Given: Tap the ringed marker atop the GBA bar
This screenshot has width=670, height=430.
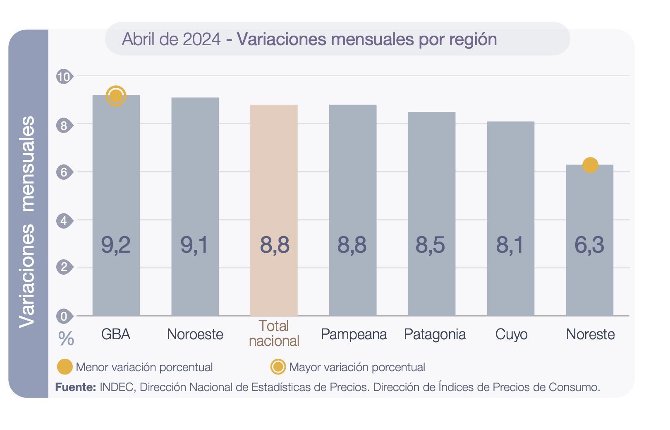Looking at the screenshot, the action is [x=116, y=96].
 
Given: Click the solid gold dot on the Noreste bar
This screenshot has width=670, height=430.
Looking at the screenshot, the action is [x=590, y=165].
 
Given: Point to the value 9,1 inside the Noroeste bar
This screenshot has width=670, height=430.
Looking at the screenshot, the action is [x=194, y=244].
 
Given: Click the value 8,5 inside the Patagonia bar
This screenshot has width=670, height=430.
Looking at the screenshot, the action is [x=430, y=244].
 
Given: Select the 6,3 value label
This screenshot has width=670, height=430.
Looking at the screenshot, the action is [x=589, y=244].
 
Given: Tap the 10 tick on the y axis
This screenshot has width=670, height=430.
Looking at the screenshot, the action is [x=64, y=77].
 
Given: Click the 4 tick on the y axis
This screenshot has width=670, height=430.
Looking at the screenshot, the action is [x=64, y=220].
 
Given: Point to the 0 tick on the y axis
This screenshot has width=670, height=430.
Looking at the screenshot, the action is [x=64, y=316].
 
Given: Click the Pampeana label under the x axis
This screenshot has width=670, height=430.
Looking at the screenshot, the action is [x=354, y=334].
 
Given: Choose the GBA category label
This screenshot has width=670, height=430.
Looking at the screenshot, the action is [x=116, y=334].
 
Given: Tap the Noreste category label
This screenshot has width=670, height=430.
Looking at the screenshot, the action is [x=590, y=334].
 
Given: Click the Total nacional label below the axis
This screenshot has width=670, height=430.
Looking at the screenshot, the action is [x=274, y=333].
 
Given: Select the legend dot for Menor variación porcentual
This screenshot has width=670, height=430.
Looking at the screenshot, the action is [x=65, y=367].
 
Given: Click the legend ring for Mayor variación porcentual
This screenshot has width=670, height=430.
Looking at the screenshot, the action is [x=278, y=367].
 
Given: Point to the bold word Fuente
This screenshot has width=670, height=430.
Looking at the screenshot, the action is [x=76, y=387].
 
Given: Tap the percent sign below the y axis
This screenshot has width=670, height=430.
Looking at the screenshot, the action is [x=66, y=339].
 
